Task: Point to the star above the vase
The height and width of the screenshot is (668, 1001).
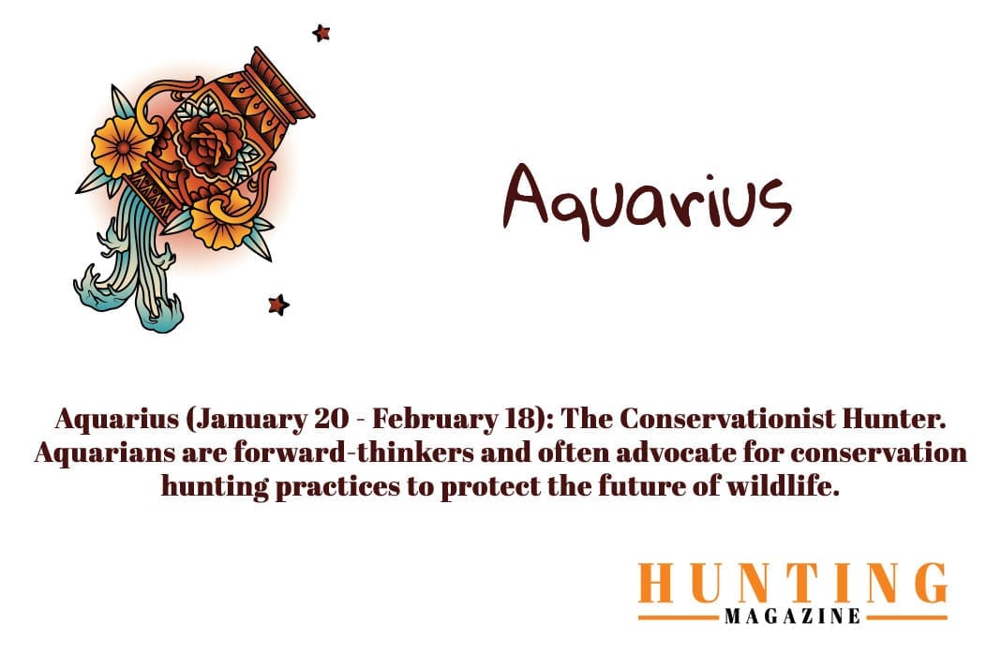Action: (321, 34)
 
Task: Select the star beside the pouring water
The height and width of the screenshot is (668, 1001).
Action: (277, 304)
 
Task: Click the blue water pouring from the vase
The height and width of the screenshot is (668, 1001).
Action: (131, 272)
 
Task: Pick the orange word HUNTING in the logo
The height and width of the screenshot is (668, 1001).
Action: (792, 585)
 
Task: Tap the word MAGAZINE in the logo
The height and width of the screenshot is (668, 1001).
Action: (792, 616)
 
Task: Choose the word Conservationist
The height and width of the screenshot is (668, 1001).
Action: (725, 418)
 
